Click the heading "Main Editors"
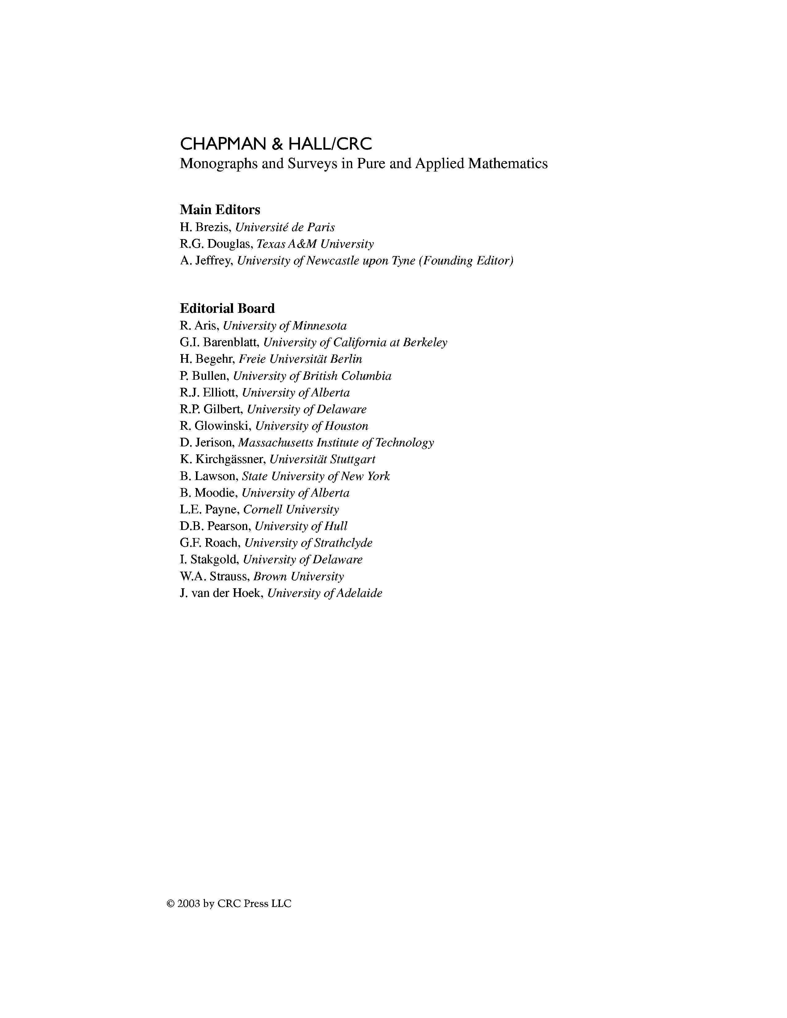[220, 210]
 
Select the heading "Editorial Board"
[227, 308]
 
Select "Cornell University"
[291, 510]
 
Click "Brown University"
[298, 577]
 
